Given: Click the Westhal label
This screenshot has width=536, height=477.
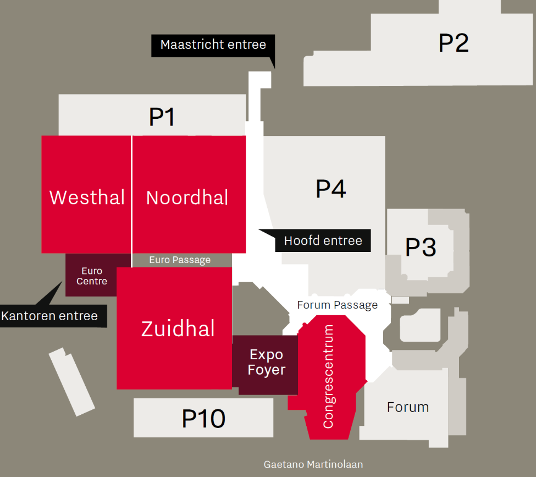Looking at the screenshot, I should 87,197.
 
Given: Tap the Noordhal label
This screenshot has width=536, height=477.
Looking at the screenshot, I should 187,198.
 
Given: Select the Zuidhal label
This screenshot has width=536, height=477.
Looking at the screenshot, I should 178,328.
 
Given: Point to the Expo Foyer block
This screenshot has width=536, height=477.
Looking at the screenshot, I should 266,363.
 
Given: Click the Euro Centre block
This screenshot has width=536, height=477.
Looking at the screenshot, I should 92,276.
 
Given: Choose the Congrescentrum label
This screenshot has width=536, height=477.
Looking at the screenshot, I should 328,376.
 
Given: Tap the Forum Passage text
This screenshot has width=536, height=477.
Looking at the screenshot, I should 338,305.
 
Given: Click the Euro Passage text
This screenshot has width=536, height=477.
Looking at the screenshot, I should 180,260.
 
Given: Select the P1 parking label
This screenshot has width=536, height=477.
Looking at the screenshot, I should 162,117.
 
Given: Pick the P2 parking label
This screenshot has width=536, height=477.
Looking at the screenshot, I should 454,43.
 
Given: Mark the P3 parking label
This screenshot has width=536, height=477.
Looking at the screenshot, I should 421,248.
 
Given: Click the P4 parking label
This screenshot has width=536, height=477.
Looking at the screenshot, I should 330,189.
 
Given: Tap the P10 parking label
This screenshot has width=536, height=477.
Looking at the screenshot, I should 203,419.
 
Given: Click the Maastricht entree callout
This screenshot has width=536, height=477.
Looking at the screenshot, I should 213,45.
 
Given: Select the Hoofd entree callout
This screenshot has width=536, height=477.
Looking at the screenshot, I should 323,240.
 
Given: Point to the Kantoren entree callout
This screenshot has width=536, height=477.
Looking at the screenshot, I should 49,316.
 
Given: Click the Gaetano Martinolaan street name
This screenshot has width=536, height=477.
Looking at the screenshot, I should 313,464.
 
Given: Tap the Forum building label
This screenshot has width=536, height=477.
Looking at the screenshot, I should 407,407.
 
